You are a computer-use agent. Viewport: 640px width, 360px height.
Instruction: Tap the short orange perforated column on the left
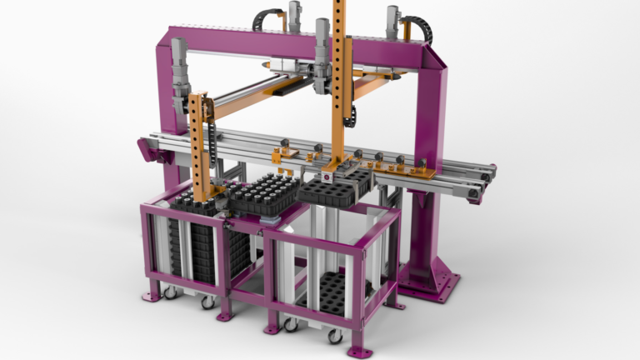coord(197,142)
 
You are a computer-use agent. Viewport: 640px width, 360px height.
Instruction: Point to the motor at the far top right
coord(392,21)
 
